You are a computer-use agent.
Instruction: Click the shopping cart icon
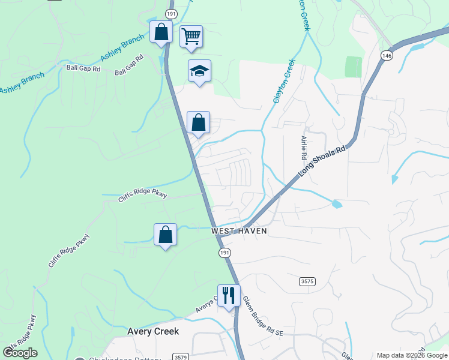coord(191,36)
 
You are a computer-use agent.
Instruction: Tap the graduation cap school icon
coord(199,71)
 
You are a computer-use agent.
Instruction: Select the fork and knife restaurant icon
coord(229,295)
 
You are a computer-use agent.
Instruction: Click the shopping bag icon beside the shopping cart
coord(161,32)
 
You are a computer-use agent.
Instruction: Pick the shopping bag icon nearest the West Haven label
coord(165,235)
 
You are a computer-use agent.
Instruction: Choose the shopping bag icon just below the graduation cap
coord(198,123)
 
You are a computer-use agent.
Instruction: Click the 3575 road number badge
coord(307,281)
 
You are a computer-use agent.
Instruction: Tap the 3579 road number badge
coord(180,357)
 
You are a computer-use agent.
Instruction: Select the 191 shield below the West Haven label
coord(224,253)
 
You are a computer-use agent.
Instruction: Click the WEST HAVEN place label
coord(238,231)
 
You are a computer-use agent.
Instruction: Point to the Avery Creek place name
coord(153,331)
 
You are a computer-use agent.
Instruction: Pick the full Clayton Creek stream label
coord(285,81)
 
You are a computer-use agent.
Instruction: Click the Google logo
coord(20,353)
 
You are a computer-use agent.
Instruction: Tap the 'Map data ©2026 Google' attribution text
coord(412,355)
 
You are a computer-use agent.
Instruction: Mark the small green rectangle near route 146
coord(354,67)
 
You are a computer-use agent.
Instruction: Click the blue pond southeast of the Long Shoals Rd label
coord(337,204)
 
